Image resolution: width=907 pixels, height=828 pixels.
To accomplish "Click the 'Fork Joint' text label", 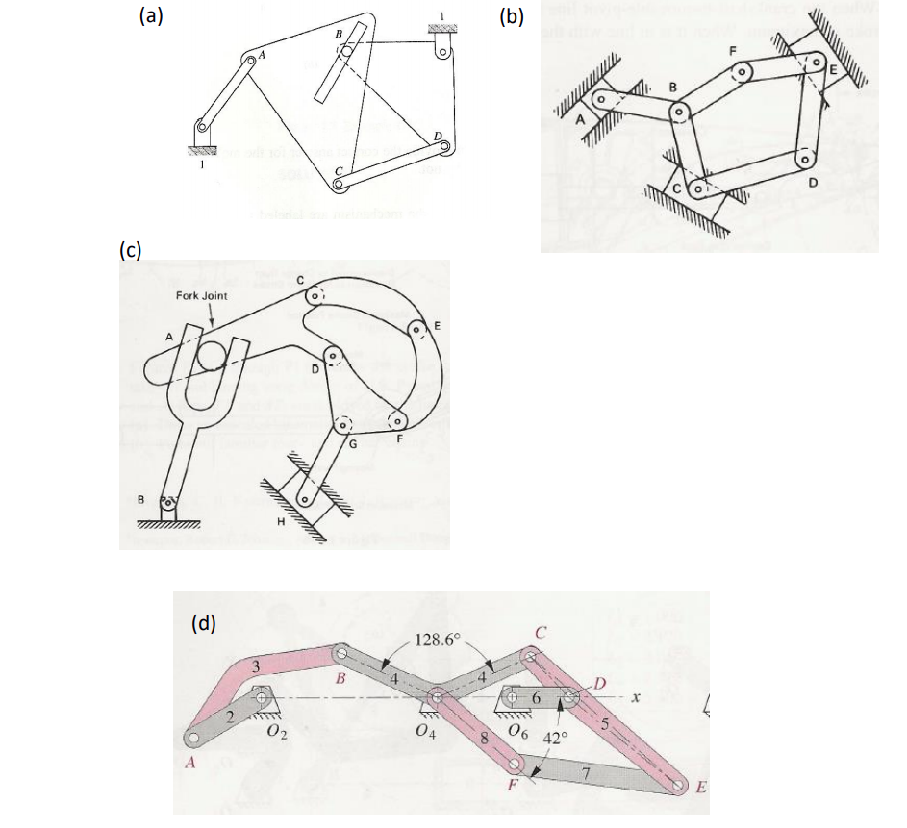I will click(203, 296).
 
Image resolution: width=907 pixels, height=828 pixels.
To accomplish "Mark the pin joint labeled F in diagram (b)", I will click(743, 72).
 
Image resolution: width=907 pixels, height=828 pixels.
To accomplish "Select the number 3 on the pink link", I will click(256, 665).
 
